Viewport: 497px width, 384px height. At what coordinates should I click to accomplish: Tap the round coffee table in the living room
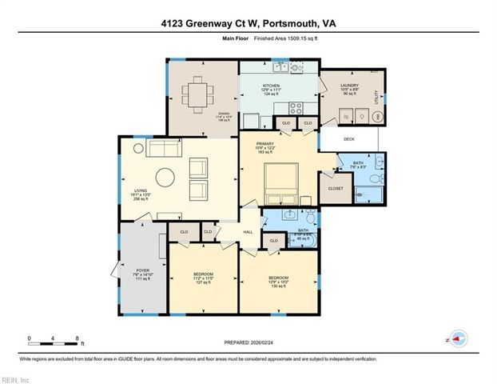point(164,176)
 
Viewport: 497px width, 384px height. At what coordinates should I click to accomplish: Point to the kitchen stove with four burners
point(295,106)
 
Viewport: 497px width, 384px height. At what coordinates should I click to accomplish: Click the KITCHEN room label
point(272,84)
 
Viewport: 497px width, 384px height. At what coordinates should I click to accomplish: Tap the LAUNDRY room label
point(348,85)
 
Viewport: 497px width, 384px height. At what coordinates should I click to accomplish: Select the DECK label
point(348,139)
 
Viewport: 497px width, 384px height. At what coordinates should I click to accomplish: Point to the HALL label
point(248,231)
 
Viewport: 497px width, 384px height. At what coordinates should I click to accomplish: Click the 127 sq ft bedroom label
point(202,278)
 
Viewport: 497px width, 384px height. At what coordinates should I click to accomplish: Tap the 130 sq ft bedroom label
point(278,278)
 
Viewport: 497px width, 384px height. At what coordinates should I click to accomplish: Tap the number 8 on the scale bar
point(75,338)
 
